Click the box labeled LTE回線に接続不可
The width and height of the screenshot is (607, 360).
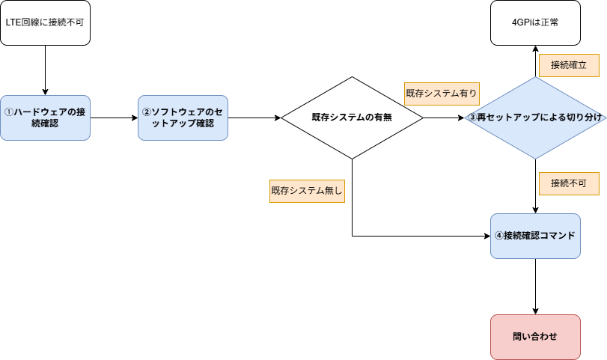tap(45, 22)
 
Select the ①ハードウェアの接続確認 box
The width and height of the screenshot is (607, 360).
tap(45, 118)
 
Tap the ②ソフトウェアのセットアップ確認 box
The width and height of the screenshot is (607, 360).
tap(183, 118)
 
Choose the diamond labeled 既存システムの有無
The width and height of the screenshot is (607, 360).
tap(352, 118)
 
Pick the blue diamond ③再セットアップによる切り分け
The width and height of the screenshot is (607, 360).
tap(534, 118)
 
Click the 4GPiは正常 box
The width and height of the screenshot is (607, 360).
tap(535, 22)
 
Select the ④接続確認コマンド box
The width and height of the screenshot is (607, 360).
tap(535, 236)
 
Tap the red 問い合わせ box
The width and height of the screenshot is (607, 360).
tap(535, 337)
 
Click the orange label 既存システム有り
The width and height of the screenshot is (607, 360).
tap(442, 93)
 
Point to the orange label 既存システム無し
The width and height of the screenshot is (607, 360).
tap(307, 191)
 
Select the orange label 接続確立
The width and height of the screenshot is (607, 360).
tap(568, 65)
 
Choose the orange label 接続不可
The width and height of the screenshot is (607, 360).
tap(568, 183)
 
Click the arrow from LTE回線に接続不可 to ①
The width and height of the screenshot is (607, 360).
tap(45, 70)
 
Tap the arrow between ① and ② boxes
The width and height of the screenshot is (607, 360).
tap(114, 118)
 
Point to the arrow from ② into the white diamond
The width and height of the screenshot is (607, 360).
tap(254, 118)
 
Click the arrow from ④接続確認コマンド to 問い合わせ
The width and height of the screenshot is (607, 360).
tap(535, 287)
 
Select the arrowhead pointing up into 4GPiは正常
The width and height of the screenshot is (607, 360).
tap(535, 50)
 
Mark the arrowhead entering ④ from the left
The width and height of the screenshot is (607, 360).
tap(486, 236)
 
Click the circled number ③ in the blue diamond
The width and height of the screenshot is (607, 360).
tap(472, 118)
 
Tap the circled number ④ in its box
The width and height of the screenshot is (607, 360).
tap(499, 236)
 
